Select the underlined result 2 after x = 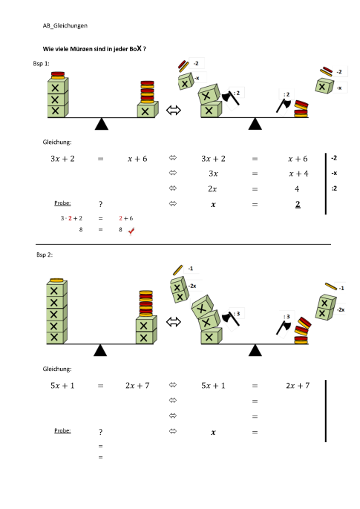[x=297, y=204]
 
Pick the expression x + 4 [x=299, y=174]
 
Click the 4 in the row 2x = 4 [x=297, y=188]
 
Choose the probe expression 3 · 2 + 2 [x=71, y=219]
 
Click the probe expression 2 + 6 [x=125, y=219]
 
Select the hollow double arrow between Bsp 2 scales [x=174, y=322]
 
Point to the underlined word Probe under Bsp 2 [x=63, y=430]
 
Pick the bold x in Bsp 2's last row [x=213, y=432]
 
